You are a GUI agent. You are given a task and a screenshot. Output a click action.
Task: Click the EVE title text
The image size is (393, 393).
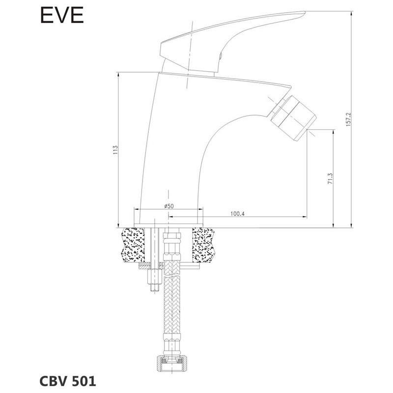point(62,15)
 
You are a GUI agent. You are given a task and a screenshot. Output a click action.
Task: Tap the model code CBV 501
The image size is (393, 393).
point(68,381)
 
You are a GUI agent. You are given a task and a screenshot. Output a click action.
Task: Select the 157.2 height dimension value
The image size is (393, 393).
point(348,119)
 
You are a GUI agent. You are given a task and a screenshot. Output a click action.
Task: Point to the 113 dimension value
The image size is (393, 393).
point(115,149)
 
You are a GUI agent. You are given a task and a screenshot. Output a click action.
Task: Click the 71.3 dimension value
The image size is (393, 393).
point(330,179)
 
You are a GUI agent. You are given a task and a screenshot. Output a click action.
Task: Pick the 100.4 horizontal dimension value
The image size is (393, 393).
point(237,214)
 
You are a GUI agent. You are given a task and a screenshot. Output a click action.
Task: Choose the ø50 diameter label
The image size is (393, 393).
point(168,206)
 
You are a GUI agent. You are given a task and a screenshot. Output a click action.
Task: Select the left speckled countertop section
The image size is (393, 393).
point(133,245)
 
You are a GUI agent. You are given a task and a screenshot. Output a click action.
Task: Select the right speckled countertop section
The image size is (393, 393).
point(203,245)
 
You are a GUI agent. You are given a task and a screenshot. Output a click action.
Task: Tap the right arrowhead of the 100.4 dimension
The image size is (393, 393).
point(305,217)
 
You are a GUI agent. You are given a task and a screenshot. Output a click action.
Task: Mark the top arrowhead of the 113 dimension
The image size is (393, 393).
point(118,75)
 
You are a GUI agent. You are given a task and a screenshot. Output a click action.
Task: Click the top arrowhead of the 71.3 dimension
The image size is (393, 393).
point(334,132)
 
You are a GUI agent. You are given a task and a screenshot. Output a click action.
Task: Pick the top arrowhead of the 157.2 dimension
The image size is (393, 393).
point(351,14)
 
